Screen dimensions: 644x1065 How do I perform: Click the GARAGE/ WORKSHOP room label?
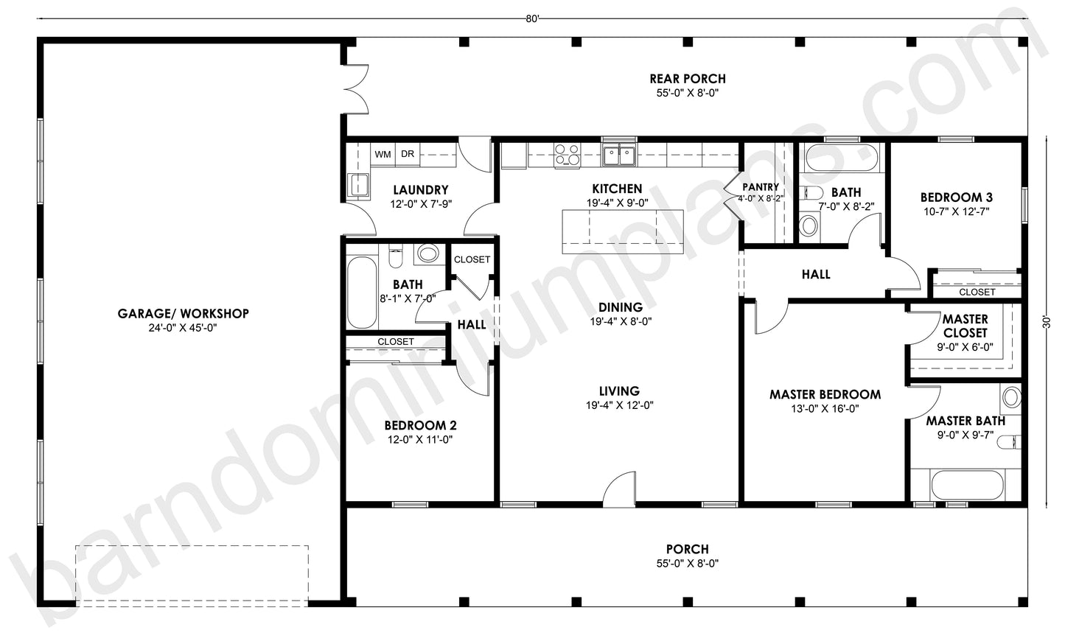click(184, 313)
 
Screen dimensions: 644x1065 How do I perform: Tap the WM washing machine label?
click(383, 155)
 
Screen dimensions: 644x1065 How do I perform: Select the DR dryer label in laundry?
click(407, 155)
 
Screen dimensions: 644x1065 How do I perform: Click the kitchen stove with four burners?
click(567, 155)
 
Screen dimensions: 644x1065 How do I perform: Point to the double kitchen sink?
click(618, 155)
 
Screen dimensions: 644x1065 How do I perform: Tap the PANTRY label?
click(761, 187)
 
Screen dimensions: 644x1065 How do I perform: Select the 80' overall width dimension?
click(533, 19)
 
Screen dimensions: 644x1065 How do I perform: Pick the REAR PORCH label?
click(687, 79)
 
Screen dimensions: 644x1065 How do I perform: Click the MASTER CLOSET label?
click(965, 326)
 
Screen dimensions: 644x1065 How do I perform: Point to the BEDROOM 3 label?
click(956, 197)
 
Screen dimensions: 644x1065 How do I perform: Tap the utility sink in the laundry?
click(359, 185)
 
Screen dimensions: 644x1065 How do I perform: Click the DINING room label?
click(620, 307)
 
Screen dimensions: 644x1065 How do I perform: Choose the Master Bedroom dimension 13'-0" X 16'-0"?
click(825, 409)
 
